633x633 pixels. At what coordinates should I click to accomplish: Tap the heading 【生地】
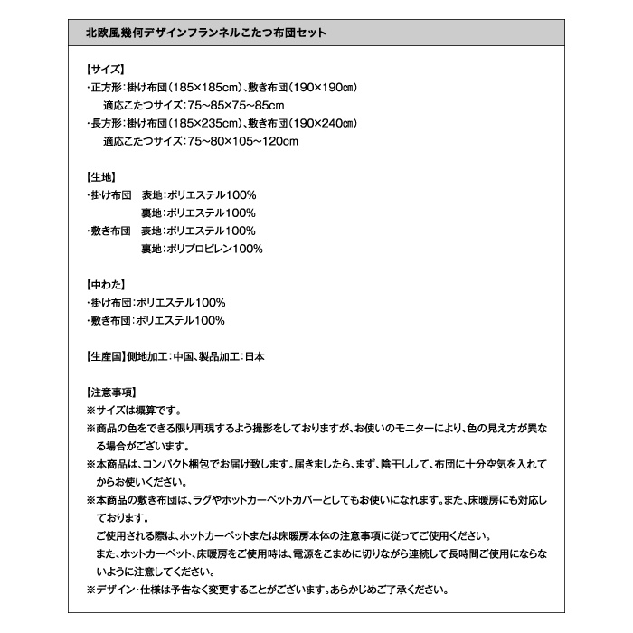(x=99, y=176)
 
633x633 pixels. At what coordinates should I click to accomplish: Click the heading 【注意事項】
(x=110, y=392)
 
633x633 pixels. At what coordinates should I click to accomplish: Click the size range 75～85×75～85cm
(x=235, y=105)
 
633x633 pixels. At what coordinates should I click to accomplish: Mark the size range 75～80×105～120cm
(x=241, y=141)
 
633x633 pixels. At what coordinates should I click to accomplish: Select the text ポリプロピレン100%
(x=214, y=249)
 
